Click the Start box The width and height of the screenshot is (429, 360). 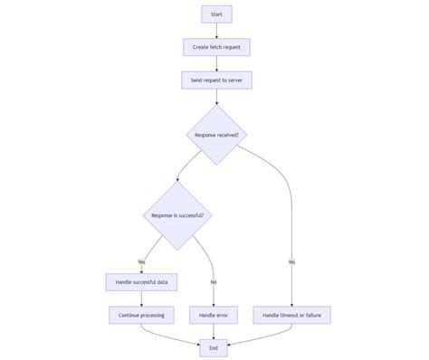click(x=216, y=14)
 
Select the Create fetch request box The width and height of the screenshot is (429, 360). click(x=216, y=47)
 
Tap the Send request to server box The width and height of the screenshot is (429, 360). click(x=216, y=80)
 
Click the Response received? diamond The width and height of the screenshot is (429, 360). click(x=216, y=135)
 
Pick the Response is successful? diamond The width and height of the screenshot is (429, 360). click(x=176, y=216)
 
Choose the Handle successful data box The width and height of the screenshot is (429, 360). click(x=141, y=282)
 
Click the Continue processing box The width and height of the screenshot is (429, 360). click(x=141, y=315)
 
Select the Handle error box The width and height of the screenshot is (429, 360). click(x=214, y=315)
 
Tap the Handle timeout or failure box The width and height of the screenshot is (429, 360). click(x=291, y=315)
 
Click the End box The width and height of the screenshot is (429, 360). click(x=214, y=347)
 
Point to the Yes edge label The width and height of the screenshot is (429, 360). click(x=141, y=261)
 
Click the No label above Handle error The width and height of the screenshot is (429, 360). click(x=214, y=282)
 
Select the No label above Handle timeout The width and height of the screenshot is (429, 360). click(x=291, y=261)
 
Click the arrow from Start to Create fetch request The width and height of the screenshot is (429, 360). click(x=216, y=31)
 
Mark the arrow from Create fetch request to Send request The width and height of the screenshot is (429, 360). click(x=216, y=63)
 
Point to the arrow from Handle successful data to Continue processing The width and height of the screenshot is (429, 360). click(x=141, y=298)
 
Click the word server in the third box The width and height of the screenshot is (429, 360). click(x=234, y=80)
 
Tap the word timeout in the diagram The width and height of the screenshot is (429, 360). click(x=289, y=315)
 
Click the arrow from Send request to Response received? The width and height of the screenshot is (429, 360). click(x=216, y=96)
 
